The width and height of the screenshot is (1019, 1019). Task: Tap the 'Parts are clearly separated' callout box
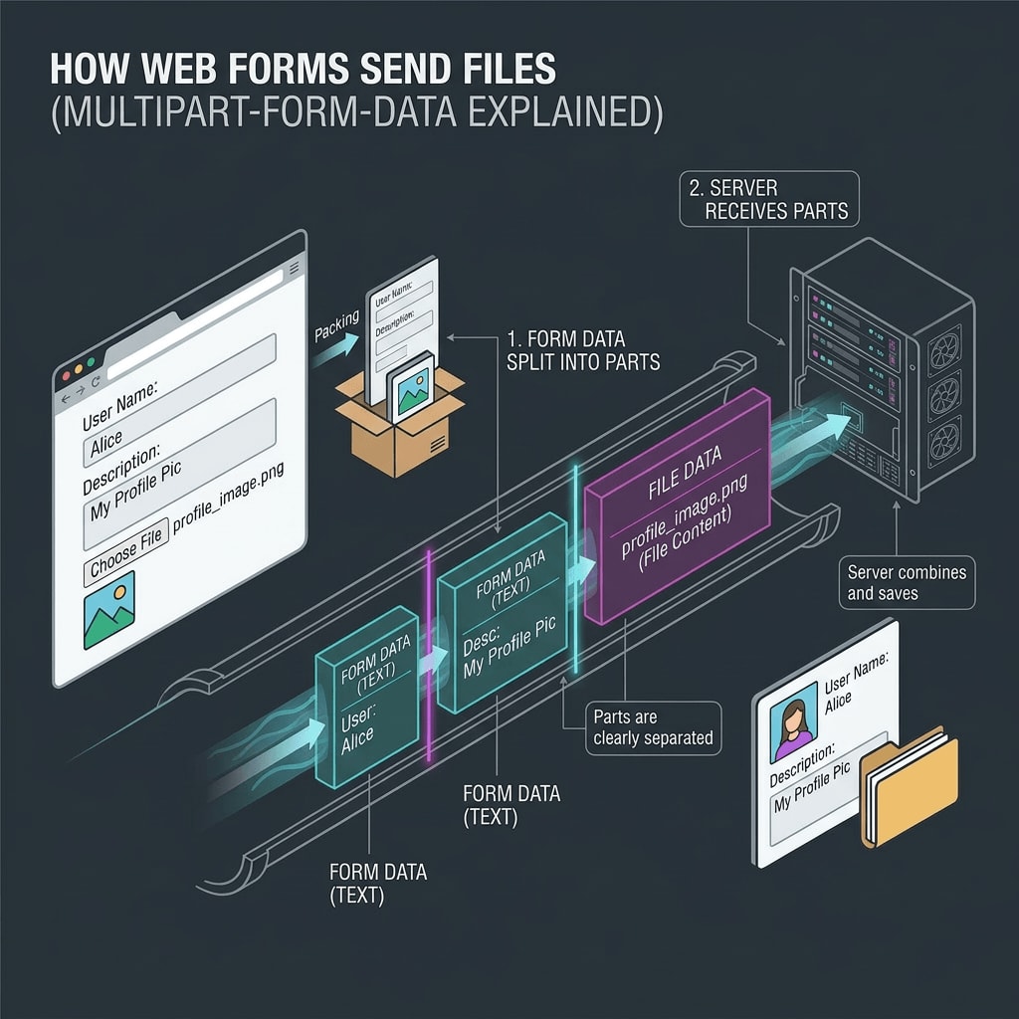tap(652, 727)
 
